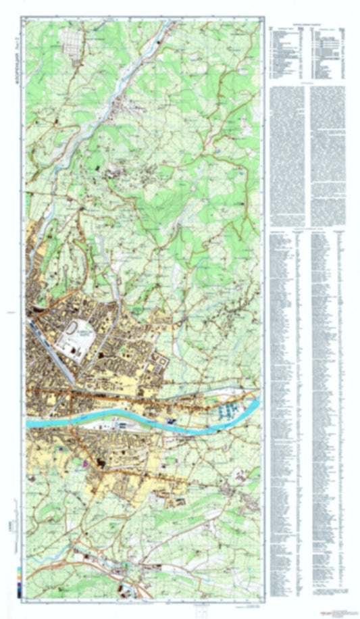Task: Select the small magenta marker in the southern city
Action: tap(85, 464)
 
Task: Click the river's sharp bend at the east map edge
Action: tap(257, 405)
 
